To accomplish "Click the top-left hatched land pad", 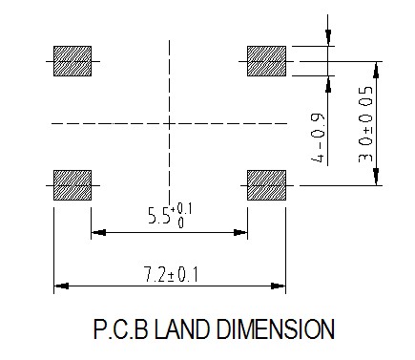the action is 73,61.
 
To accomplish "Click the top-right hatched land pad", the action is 266,61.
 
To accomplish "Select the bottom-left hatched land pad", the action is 73,185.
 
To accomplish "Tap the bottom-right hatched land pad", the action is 266,185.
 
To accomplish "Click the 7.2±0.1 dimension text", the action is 172,275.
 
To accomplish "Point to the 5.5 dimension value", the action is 159,216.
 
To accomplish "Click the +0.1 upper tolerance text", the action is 181,209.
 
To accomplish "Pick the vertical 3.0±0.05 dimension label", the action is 365,124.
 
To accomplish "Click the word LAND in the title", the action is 182,329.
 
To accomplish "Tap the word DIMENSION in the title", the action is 275,329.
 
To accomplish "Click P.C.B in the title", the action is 121,329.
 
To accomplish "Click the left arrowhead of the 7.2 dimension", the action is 61,286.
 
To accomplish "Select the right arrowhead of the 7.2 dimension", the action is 278,286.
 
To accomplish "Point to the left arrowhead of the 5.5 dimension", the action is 98,232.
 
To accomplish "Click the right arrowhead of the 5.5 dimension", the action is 240,232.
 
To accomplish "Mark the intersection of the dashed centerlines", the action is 169,123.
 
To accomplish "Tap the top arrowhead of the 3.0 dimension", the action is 376,70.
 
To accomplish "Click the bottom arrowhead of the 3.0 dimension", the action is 376,177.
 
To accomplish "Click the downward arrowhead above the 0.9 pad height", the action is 328,37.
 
